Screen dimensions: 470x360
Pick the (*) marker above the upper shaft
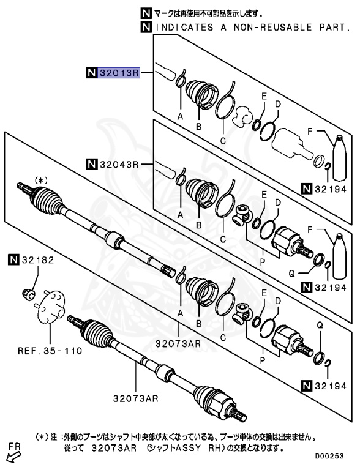click(x=40, y=181)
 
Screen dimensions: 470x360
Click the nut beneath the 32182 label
click(x=28, y=293)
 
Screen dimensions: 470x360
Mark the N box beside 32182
click(x=14, y=260)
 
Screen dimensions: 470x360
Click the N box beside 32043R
click(x=91, y=163)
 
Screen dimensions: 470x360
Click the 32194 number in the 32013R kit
click(x=331, y=189)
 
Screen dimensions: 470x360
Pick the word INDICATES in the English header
click(x=178, y=27)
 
